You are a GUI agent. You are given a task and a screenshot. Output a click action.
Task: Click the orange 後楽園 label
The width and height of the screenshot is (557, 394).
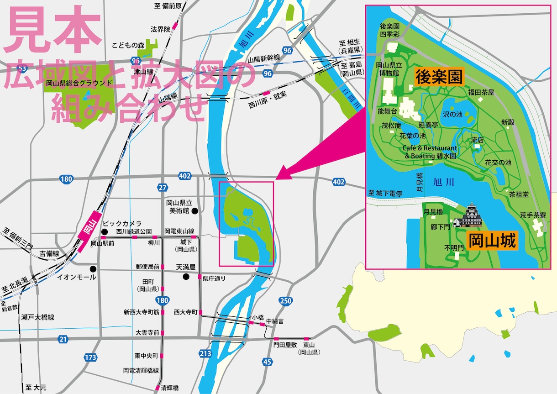[438, 78]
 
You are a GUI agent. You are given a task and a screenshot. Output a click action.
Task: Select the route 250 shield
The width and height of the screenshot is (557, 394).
[285, 300]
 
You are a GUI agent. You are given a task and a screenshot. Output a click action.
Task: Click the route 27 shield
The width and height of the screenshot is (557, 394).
[163, 187]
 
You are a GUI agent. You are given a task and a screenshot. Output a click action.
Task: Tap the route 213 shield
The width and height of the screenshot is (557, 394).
[205, 353]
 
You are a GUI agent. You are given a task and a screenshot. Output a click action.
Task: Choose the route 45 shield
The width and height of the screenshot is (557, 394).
[267, 362]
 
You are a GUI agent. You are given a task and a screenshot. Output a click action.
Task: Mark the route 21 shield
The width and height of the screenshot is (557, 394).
[63, 339]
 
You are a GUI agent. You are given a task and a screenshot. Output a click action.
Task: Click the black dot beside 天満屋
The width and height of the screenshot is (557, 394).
[186, 277]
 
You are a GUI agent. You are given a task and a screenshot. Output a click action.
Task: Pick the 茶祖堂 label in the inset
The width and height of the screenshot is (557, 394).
[519, 194]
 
